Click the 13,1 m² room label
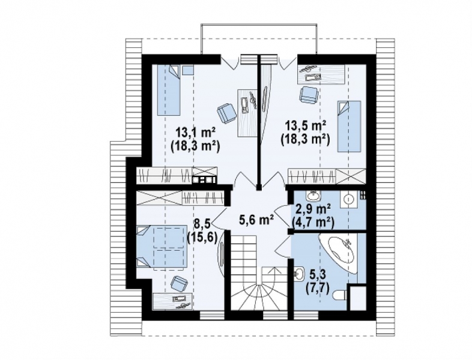[x=196, y=132]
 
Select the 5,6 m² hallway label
[x=256, y=220]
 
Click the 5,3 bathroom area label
[x=316, y=275]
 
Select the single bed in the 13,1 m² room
[x=168, y=90]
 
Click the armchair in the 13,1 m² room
[x=226, y=113]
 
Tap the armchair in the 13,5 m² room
[x=309, y=94]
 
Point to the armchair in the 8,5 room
[x=179, y=284]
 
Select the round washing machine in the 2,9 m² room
[x=349, y=199]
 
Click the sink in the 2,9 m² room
[x=313, y=196]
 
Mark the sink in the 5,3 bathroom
[x=299, y=274]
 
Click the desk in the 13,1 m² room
[x=247, y=113]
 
